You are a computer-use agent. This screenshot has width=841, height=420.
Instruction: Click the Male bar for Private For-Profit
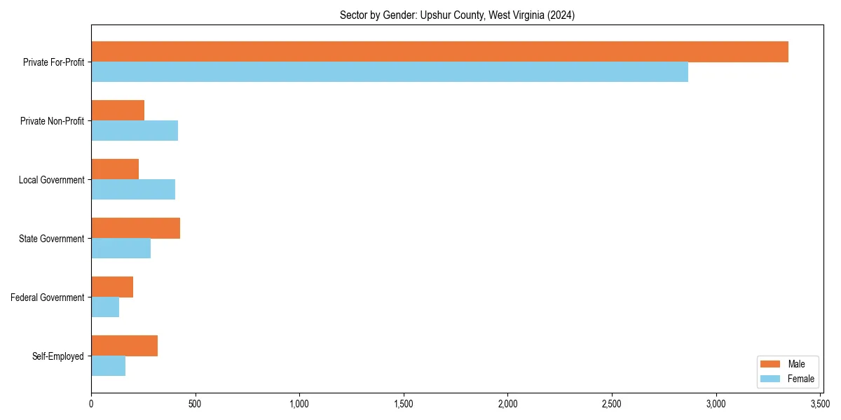point(439,52)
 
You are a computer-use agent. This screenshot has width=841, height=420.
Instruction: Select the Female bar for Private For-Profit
point(390,72)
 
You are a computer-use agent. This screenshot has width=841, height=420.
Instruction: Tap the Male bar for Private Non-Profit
point(118,111)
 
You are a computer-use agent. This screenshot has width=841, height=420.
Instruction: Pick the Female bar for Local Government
point(133,190)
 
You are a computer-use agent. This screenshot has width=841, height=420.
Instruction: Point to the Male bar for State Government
point(135,228)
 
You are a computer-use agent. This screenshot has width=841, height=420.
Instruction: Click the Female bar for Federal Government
point(105,307)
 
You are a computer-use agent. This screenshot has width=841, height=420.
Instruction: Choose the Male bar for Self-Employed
point(124,346)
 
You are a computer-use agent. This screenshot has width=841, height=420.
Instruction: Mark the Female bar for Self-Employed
point(108,366)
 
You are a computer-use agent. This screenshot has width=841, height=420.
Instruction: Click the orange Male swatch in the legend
point(770,364)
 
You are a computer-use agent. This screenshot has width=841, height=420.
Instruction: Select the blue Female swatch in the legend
point(770,379)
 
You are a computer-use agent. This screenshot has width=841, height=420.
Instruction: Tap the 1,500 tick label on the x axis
point(404,404)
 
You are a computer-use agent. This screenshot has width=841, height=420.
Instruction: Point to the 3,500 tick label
point(820,404)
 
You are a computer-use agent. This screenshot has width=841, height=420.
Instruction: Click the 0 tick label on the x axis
point(91,404)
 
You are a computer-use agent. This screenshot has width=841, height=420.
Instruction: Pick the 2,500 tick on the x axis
point(612,404)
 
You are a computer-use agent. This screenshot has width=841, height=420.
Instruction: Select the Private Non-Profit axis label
point(52,121)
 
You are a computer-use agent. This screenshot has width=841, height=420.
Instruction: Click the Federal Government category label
point(48,297)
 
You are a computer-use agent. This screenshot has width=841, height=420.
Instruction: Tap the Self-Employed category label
point(58,356)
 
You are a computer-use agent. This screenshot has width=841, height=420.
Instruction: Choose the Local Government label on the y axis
point(51,180)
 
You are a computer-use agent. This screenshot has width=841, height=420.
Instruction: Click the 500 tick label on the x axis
point(195,404)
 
